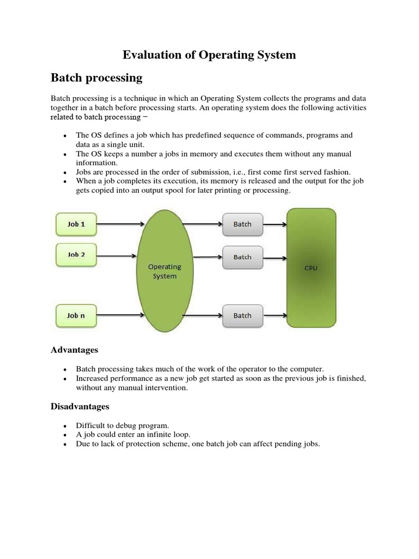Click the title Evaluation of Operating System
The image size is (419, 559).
click(x=209, y=55)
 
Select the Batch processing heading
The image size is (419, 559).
click(x=97, y=78)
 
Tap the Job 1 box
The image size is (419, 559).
click(x=76, y=224)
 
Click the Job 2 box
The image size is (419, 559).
click(x=76, y=255)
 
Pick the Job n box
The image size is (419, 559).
click(x=76, y=316)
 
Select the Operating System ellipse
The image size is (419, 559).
click(x=164, y=271)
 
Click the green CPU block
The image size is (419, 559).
click(x=311, y=268)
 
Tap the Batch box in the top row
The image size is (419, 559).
click(x=242, y=224)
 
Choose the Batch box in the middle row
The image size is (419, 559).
click(x=242, y=257)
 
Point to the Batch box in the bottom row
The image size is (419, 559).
click(x=242, y=316)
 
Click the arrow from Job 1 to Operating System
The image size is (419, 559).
click(x=120, y=224)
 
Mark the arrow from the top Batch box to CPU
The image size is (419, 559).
click(x=275, y=224)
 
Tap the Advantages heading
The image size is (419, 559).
click(x=74, y=349)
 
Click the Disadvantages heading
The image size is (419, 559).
click(x=80, y=406)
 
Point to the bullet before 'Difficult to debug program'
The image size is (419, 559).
click(x=65, y=425)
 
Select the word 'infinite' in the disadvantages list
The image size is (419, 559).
click(x=155, y=435)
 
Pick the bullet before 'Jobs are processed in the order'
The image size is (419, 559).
click(x=65, y=172)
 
